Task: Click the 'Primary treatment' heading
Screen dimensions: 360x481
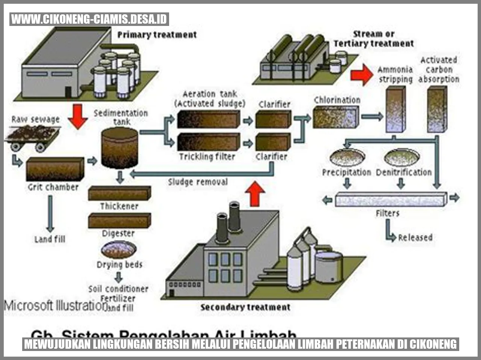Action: click(x=157, y=35)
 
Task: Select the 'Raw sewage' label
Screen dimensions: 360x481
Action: click(x=36, y=119)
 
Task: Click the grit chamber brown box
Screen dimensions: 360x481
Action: click(x=55, y=169)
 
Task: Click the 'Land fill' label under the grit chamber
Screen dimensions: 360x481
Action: click(x=50, y=239)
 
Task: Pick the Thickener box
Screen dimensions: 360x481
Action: click(x=119, y=193)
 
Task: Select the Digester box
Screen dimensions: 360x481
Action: click(x=119, y=221)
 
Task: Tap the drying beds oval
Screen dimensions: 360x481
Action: click(x=119, y=250)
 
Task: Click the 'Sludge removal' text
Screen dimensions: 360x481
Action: click(x=198, y=182)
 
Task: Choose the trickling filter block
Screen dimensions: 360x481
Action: click(x=208, y=142)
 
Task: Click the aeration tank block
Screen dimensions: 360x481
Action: click(x=208, y=119)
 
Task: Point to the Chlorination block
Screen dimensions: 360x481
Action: click(x=336, y=116)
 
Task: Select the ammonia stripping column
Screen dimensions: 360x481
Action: click(x=396, y=109)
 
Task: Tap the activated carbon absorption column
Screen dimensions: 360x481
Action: click(x=437, y=109)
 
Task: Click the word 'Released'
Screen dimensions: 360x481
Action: click(x=415, y=237)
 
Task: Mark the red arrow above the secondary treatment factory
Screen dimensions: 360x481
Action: click(x=255, y=193)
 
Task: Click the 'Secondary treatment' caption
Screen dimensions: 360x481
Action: click(x=245, y=307)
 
